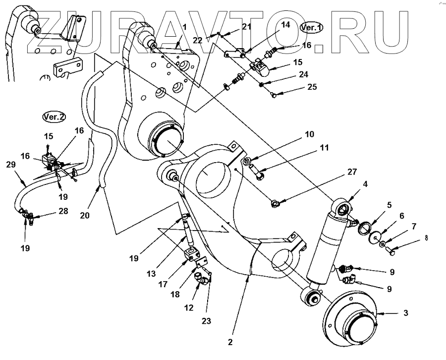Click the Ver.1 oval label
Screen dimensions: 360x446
(312, 28)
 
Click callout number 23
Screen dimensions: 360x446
(206, 321)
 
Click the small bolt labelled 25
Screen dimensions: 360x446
(273, 94)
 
